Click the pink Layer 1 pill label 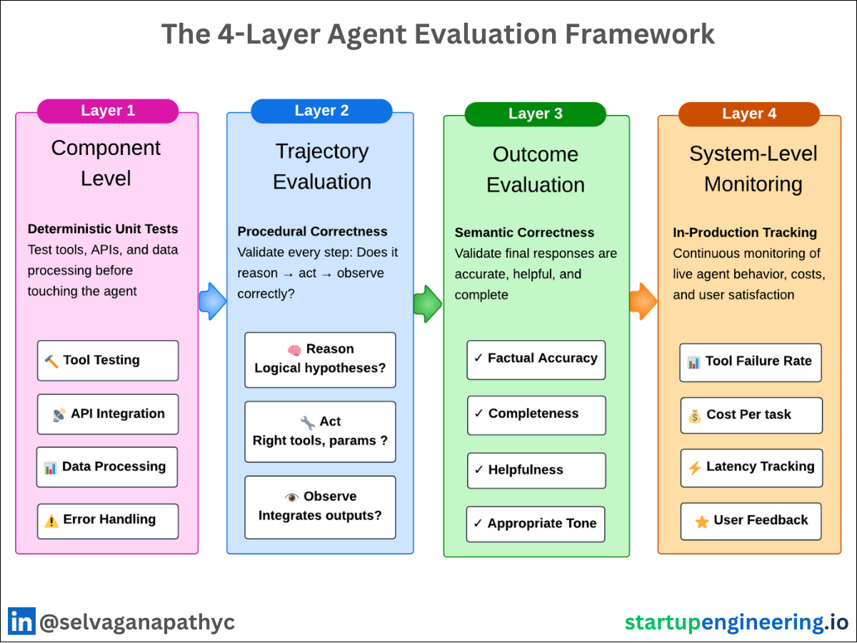108,111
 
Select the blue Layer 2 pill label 321,111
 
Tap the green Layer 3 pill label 535,114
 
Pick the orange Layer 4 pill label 749,114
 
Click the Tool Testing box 108,361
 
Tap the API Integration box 108,414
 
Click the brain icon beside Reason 294,350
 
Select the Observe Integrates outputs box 320,507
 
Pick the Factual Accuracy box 536,359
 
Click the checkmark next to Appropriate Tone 478,524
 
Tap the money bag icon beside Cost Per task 695,415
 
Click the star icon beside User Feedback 702,522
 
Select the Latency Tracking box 751,468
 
